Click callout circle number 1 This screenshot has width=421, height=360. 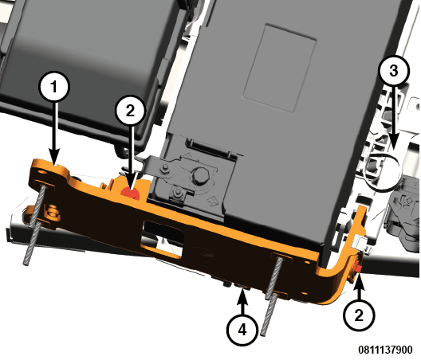coord(54,87)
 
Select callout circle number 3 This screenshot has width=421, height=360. coord(394,71)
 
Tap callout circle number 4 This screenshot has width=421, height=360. coord(242,330)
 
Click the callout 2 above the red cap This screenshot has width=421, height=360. coord(130,111)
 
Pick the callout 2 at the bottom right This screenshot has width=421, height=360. coord(360,315)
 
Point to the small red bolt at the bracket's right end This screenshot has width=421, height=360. coord(358,268)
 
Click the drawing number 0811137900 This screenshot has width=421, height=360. coord(385,350)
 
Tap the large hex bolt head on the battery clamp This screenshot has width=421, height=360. coord(199,176)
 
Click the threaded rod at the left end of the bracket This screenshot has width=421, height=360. coord(35,225)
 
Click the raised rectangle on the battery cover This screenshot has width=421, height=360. coord(280,68)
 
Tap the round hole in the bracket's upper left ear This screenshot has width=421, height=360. coord(42,171)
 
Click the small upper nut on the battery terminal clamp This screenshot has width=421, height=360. coord(163,169)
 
